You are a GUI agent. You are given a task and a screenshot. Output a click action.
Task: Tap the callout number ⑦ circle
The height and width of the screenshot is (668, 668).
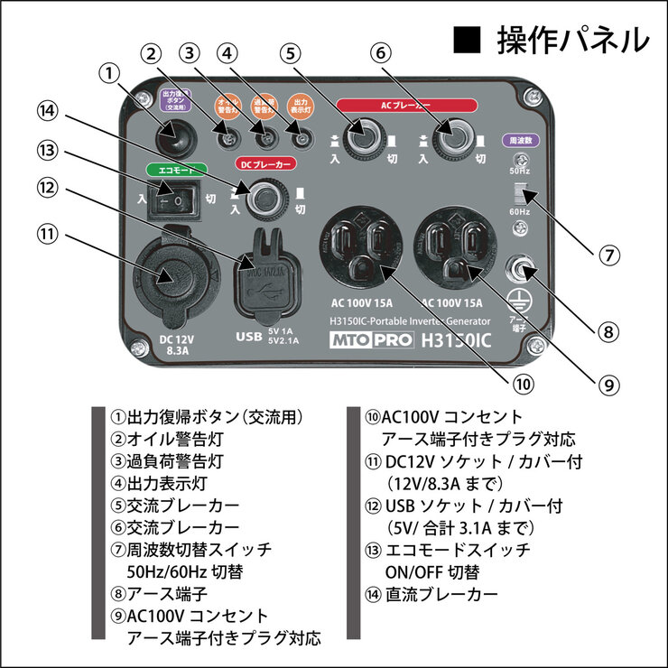tap(610, 255)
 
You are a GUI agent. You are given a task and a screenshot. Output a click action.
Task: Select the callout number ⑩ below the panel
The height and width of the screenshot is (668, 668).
tap(518, 382)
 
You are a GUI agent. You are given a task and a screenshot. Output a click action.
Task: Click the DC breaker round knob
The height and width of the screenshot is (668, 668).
tap(264, 199)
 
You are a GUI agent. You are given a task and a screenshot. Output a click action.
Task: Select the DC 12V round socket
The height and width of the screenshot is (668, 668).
tap(169, 274)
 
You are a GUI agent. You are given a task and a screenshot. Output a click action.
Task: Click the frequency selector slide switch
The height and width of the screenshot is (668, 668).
tap(520, 193)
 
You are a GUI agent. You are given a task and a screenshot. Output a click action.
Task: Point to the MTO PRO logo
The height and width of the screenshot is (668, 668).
tap(371, 341)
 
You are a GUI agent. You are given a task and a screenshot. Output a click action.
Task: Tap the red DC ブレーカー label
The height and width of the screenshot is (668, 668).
tap(264, 164)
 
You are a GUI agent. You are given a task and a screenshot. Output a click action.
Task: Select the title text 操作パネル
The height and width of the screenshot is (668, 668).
tap(572, 41)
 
